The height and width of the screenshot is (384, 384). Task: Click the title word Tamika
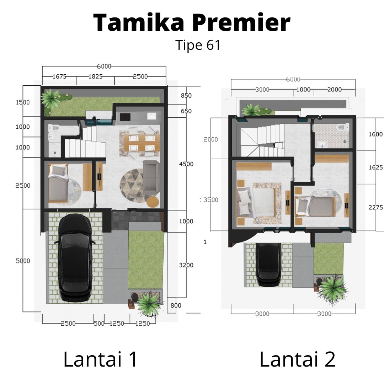[139, 23]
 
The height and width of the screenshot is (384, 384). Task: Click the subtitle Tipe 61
[198, 45]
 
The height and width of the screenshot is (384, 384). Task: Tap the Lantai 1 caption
[101, 359]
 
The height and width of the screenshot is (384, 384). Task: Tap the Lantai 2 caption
[297, 359]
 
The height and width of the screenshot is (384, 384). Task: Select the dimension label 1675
[59, 76]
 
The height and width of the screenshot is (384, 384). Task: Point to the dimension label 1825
[95, 76]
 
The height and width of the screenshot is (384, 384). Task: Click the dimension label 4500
[186, 164]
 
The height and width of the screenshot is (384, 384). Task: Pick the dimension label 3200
[186, 265]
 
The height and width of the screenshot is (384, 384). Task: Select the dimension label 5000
[23, 261]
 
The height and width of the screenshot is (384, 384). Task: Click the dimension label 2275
[375, 207]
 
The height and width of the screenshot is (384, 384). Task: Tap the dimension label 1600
[375, 134]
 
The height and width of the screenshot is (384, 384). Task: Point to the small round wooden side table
[153, 202]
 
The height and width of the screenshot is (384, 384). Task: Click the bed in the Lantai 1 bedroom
[58, 184]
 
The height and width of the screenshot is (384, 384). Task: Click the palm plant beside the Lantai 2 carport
[333, 288]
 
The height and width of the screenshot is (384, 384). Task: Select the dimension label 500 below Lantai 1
[99, 324]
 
